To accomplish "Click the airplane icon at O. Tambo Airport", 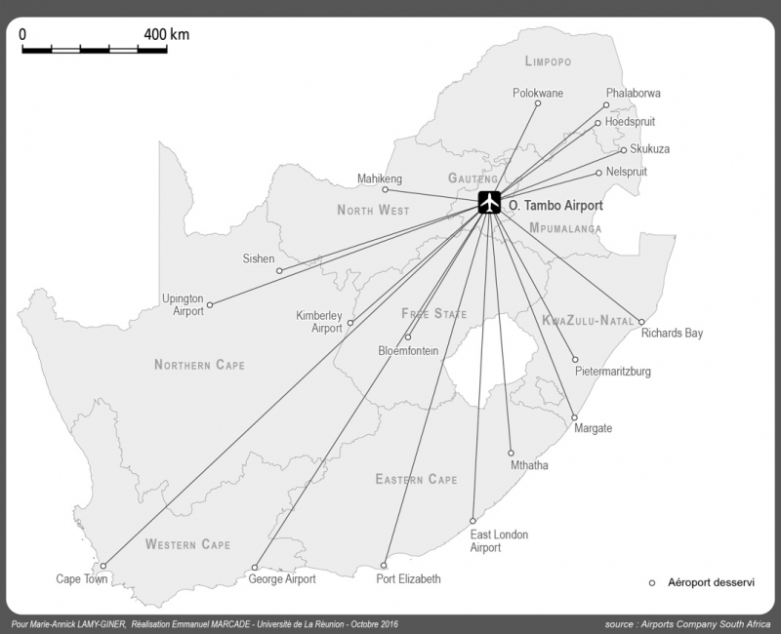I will (x=489, y=203).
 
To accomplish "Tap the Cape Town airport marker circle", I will (x=103, y=566).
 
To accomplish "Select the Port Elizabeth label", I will (x=408, y=579).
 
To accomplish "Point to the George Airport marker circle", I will (x=254, y=568).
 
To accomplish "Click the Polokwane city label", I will (x=539, y=94).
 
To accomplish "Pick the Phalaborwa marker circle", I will (x=606, y=105).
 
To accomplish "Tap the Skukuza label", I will (x=650, y=149).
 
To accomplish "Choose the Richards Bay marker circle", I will (x=641, y=322).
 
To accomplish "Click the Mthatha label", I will (x=529, y=465).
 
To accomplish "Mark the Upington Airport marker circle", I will (x=209, y=305).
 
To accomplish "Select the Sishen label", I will (x=258, y=259).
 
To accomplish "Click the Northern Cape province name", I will (x=199, y=365).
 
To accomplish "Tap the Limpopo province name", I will (x=547, y=61).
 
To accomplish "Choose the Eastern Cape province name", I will (x=416, y=480).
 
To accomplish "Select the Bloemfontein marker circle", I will (x=408, y=337).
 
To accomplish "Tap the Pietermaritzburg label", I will (x=613, y=372).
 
